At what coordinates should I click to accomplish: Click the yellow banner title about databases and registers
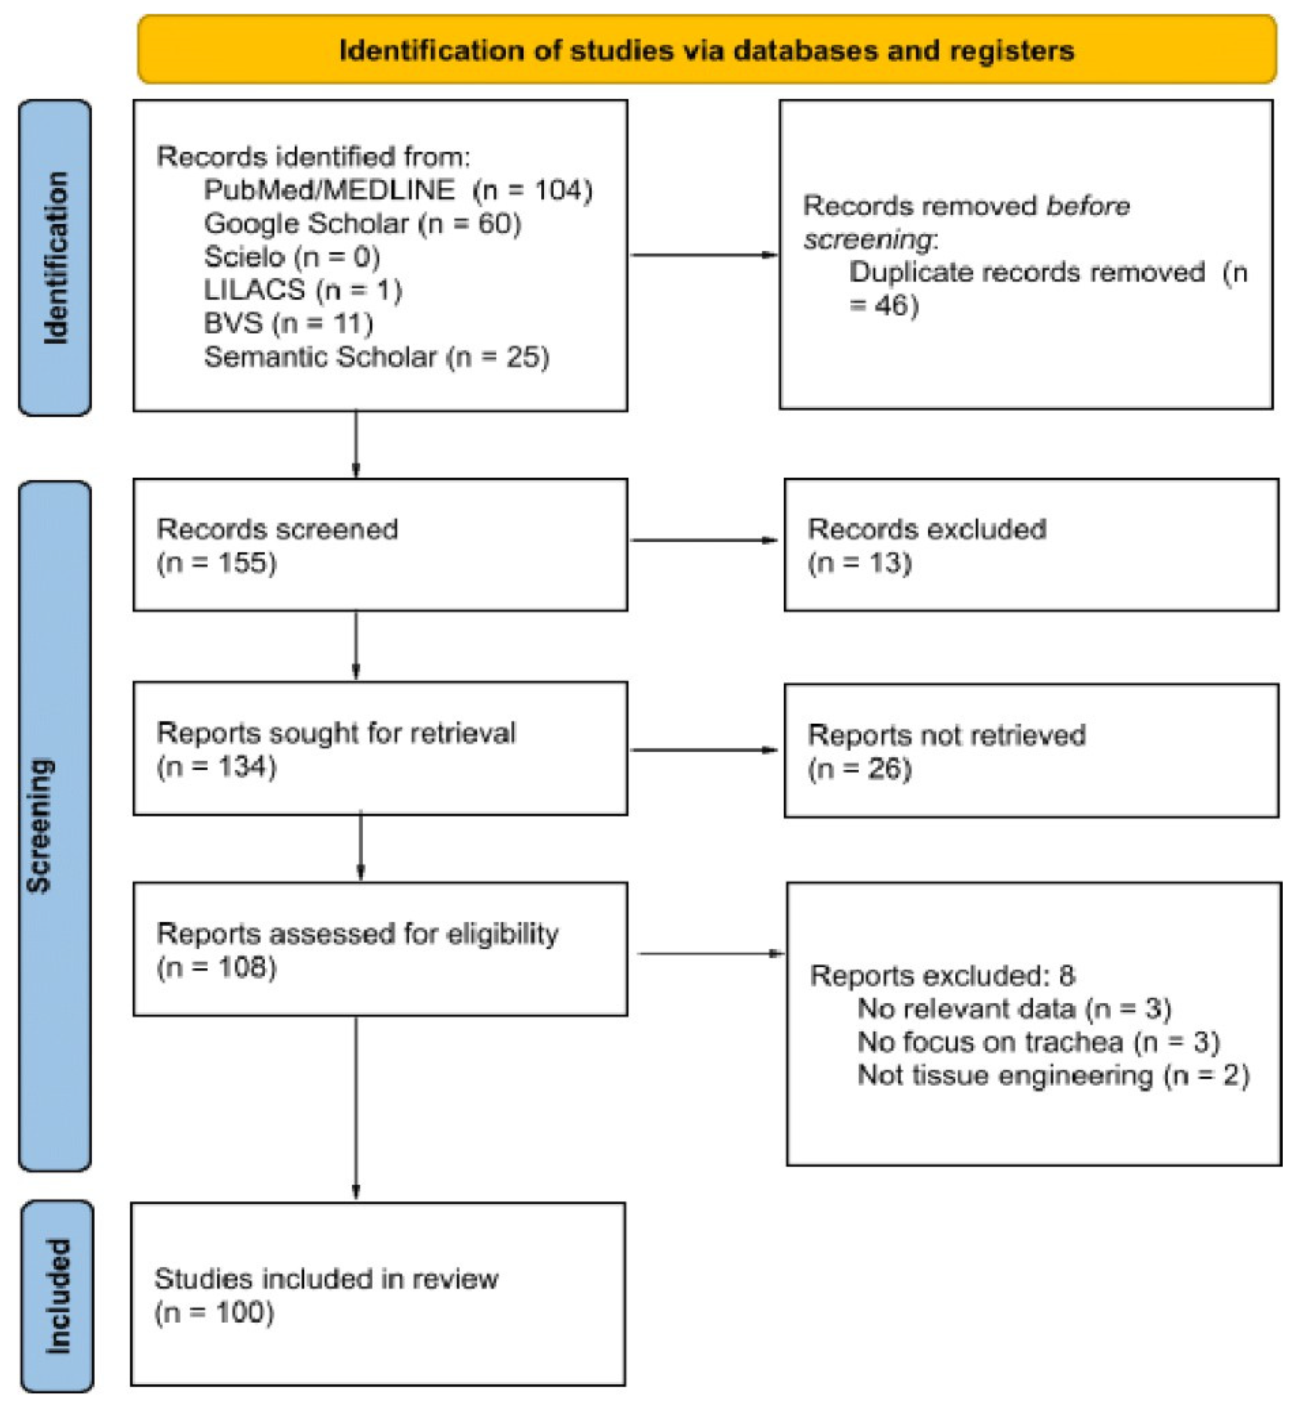point(706,51)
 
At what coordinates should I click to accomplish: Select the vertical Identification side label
point(55,258)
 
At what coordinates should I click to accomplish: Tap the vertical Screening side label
point(40,825)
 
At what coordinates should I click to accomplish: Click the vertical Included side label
point(58,1295)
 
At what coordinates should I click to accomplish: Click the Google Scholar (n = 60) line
point(362,223)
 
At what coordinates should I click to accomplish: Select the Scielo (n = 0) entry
point(292,256)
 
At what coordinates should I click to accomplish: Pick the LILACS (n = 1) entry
point(303,290)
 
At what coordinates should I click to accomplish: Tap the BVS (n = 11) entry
point(288,323)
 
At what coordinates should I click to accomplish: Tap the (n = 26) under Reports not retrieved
point(859,769)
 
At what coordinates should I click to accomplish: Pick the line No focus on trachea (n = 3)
point(1038,1042)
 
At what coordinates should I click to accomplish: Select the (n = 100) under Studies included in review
point(214,1312)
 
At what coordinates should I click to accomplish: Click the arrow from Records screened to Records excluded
point(704,540)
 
